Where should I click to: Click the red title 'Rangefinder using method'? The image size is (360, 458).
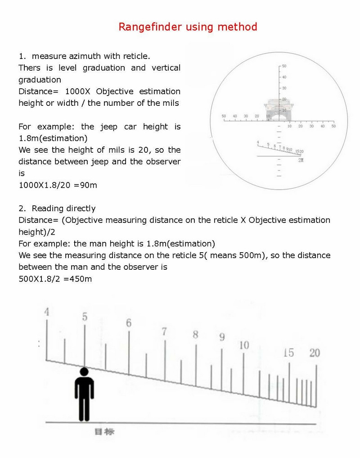(188, 27)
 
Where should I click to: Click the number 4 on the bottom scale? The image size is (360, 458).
(47, 312)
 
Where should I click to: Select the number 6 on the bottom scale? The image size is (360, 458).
(129, 323)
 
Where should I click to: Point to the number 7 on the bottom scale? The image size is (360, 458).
(164, 332)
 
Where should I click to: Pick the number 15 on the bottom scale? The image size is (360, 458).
(288, 353)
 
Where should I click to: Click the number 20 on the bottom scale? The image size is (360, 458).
(315, 353)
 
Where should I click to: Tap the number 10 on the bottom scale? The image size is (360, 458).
(244, 345)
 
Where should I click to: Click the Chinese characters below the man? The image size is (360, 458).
(104, 431)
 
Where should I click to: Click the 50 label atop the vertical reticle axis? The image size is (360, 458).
(284, 66)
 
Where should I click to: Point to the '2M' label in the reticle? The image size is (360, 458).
(301, 160)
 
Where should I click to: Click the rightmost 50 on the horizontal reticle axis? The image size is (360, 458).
(333, 126)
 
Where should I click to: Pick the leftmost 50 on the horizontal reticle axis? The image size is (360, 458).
(224, 116)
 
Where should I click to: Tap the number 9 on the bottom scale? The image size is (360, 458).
(222, 337)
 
